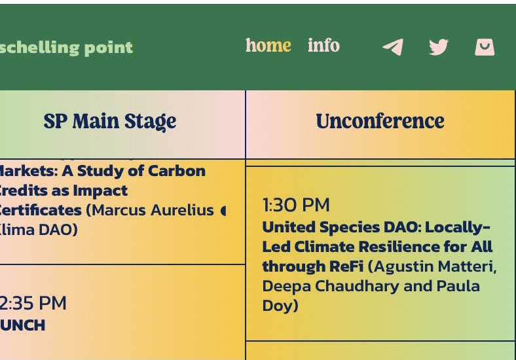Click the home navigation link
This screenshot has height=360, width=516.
268,46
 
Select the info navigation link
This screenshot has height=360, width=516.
323,46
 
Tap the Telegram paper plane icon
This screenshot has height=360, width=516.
393,47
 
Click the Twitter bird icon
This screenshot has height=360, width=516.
439,47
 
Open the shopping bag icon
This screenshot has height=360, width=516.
485,47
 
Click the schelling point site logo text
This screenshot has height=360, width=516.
66,47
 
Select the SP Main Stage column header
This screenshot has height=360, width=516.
110,121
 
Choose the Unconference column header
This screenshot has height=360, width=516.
380,121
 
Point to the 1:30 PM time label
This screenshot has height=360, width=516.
296,205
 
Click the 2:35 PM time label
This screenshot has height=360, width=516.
33,303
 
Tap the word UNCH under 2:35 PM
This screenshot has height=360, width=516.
23,325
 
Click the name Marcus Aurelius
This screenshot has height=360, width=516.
154,210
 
